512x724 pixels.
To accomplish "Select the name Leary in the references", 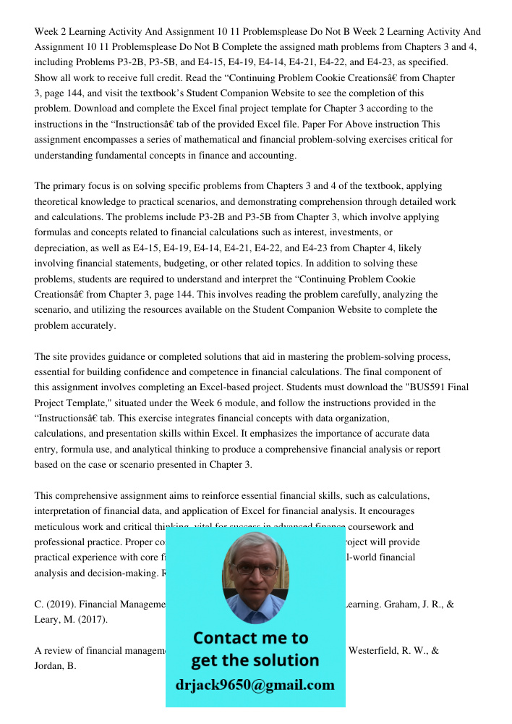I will (x=48, y=619).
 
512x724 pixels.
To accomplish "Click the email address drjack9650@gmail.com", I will (x=255, y=685).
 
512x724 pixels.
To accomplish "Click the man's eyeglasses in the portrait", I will (x=255, y=569).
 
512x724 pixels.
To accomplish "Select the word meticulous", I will (x=60, y=527).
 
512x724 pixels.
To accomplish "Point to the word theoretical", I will (x=64, y=201).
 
